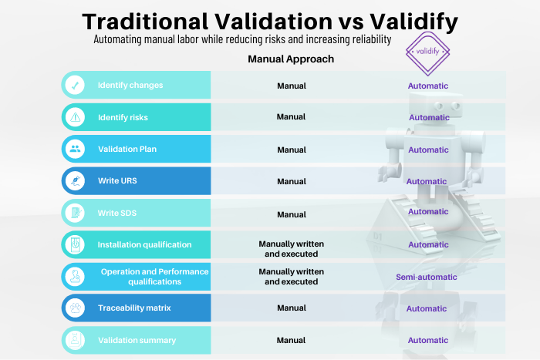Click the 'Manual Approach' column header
(291, 59)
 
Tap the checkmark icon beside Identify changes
(74, 85)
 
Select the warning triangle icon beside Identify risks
(74, 117)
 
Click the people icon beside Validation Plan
(74, 150)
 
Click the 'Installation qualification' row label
(144, 244)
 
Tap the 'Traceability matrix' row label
(133, 308)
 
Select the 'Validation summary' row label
(137, 340)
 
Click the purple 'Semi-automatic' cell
(427, 277)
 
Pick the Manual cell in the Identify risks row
(292, 117)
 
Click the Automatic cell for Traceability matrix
(427, 308)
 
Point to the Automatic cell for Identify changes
(428, 86)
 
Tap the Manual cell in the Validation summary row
(292, 340)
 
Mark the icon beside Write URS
(74, 181)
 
